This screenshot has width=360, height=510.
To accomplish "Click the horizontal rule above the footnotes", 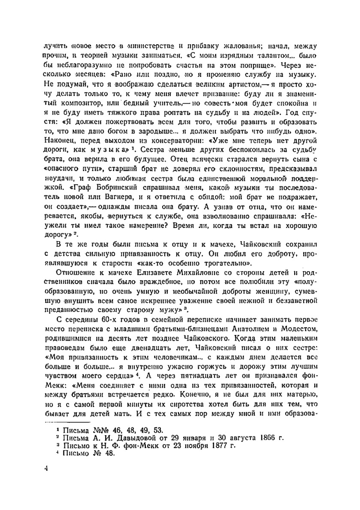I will [67, 423].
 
